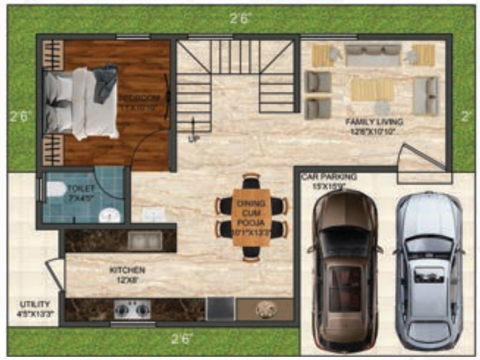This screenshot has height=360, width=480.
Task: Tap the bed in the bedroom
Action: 81,103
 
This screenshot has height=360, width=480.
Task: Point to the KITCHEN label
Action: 127,270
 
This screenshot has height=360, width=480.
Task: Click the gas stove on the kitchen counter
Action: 132,309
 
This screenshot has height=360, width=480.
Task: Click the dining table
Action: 252,216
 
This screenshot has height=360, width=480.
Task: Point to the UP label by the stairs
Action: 193,139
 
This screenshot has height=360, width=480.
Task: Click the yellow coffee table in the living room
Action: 372,89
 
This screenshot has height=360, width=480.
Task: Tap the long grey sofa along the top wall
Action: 373,54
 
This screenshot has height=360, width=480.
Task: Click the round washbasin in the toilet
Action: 110,215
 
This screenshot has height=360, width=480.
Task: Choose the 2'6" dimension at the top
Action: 240,18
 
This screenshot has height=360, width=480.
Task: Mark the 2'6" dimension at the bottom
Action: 182,339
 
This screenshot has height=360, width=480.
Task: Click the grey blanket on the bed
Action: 105,82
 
